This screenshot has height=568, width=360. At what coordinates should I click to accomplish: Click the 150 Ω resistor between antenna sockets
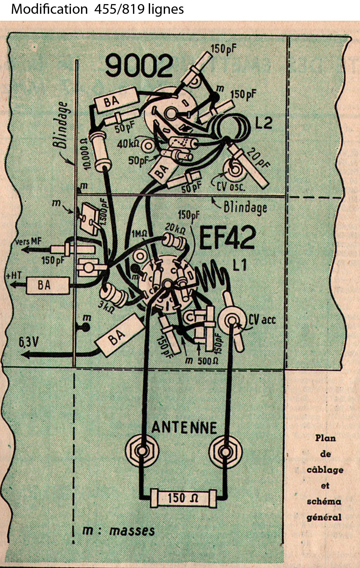183,498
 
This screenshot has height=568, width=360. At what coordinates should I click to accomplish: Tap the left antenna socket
142,449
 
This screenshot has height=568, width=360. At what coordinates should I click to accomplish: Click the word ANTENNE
184,427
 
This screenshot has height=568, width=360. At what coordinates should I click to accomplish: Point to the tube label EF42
227,238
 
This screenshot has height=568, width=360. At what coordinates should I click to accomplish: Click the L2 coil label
264,123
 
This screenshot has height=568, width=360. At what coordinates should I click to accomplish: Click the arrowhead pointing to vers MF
24,250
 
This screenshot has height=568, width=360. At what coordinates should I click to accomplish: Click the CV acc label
262,319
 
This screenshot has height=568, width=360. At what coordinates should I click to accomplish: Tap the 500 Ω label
208,361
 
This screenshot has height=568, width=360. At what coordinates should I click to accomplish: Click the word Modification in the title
49,9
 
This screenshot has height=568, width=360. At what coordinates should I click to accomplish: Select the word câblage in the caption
325,470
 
